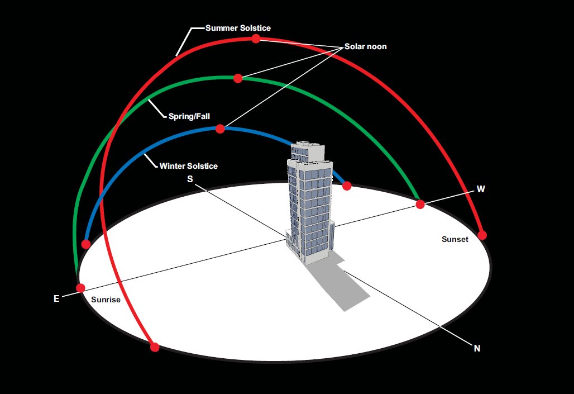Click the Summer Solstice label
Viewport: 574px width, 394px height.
(x=238, y=28)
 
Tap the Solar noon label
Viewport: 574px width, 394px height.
(x=365, y=46)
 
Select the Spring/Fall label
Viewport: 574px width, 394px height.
(x=189, y=117)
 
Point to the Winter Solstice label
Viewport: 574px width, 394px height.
(x=189, y=166)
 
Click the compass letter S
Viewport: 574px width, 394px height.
(x=190, y=179)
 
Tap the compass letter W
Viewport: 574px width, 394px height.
(x=481, y=189)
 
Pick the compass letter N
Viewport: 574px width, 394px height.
(x=477, y=349)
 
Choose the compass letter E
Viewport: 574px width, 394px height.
(x=56, y=298)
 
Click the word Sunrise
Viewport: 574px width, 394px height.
(x=106, y=300)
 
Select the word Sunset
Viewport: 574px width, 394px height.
(x=455, y=239)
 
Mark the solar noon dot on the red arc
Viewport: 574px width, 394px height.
(x=256, y=39)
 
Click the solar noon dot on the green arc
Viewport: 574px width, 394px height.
(x=238, y=78)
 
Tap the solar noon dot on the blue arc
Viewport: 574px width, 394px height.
(x=220, y=129)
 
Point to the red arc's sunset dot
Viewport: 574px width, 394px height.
(x=482, y=235)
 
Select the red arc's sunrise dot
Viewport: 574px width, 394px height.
(x=155, y=347)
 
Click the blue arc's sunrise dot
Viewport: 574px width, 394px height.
(x=85, y=244)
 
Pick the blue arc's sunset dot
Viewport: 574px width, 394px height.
(x=347, y=186)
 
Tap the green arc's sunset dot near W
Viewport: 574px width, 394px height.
(x=420, y=204)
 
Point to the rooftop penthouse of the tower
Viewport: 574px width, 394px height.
(x=308, y=151)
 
